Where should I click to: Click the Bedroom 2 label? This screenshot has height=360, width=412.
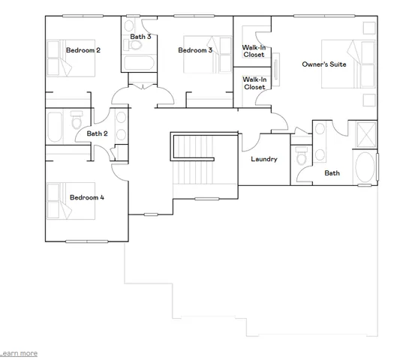[83, 50]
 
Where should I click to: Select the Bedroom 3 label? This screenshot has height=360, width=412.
[195, 50]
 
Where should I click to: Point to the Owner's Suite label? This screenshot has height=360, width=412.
[323, 65]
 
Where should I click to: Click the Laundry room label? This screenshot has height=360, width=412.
[263, 159]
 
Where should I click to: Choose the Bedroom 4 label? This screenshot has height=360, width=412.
[87, 198]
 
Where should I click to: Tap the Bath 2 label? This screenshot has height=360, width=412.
[98, 134]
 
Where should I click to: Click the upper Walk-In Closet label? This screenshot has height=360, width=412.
[254, 51]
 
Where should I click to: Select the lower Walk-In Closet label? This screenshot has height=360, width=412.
[254, 83]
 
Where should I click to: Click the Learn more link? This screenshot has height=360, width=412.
[19, 352]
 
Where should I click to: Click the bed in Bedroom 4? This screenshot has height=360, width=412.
[71, 199]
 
